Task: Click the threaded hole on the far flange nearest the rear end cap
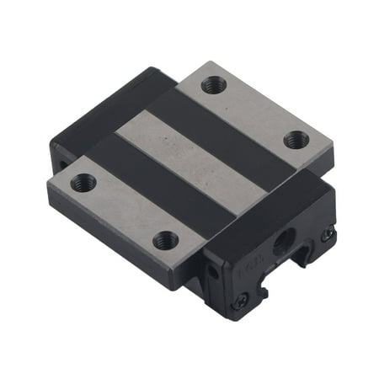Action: point(212,85)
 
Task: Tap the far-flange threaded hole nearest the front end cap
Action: point(296,140)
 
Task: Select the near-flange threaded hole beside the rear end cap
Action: point(83,182)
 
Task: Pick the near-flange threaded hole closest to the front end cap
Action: point(167,241)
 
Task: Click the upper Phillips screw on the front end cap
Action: point(328,236)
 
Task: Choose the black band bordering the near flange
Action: point(152,181)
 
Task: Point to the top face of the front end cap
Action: point(270,211)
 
